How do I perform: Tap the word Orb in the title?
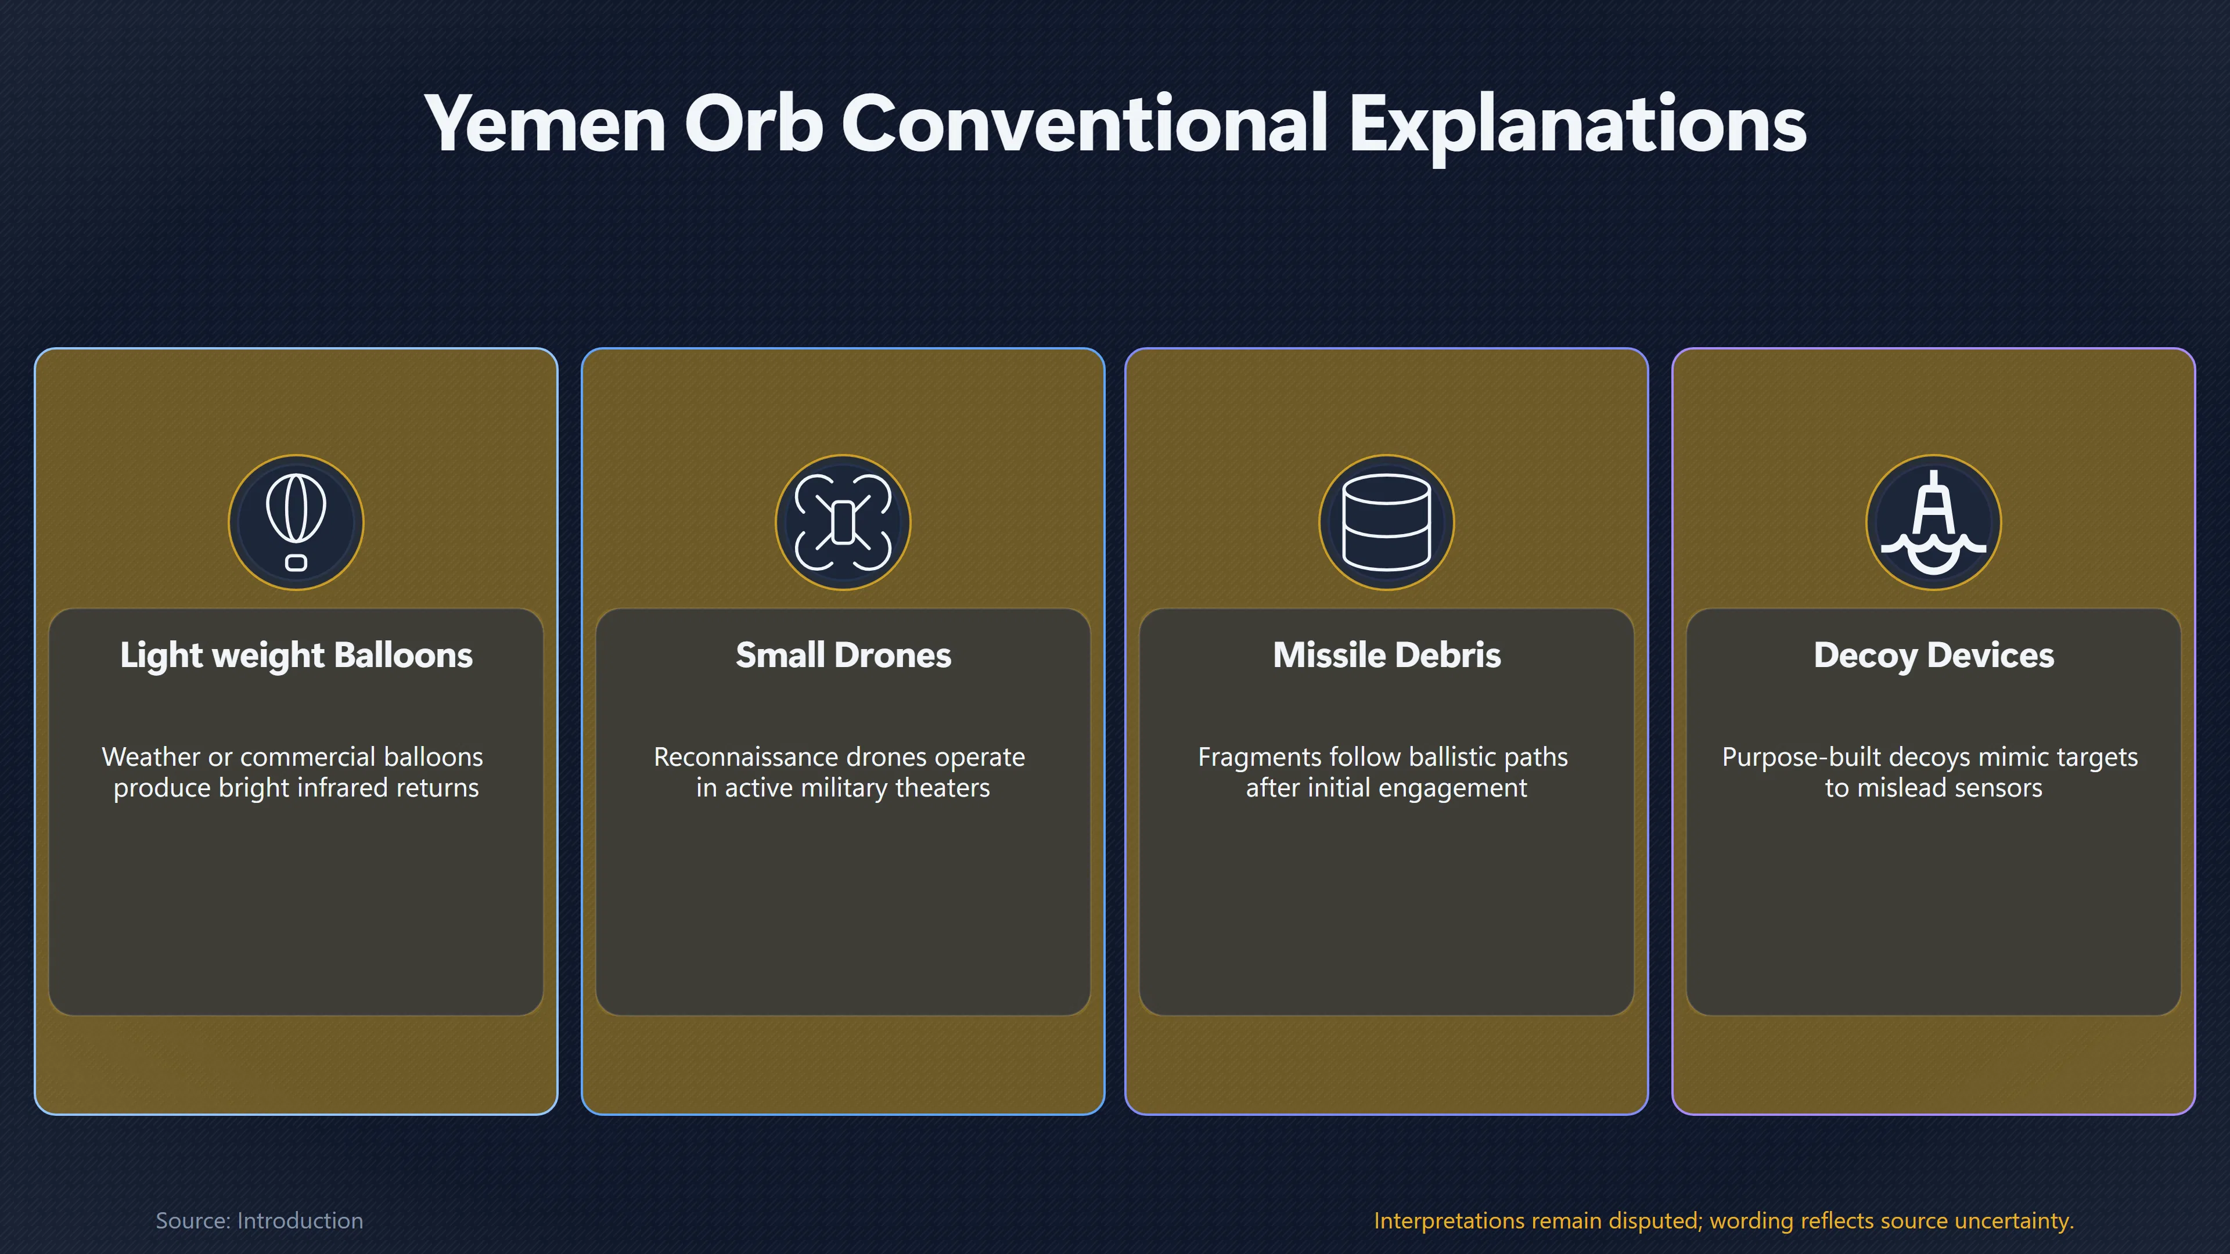tap(753, 124)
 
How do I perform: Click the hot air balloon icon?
tap(296, 522)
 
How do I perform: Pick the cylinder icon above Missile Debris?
tap(1386, 522)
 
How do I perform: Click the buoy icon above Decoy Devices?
tap(1933, 522)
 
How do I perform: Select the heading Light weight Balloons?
tap(296, 655)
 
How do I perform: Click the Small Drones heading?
tap(843, 655)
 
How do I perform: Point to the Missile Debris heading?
tap(1386, 655)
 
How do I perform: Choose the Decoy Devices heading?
tap(1933, 655)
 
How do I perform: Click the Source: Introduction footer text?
tap(259, 1220)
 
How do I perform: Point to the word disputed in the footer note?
tap(1655, 1221)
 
